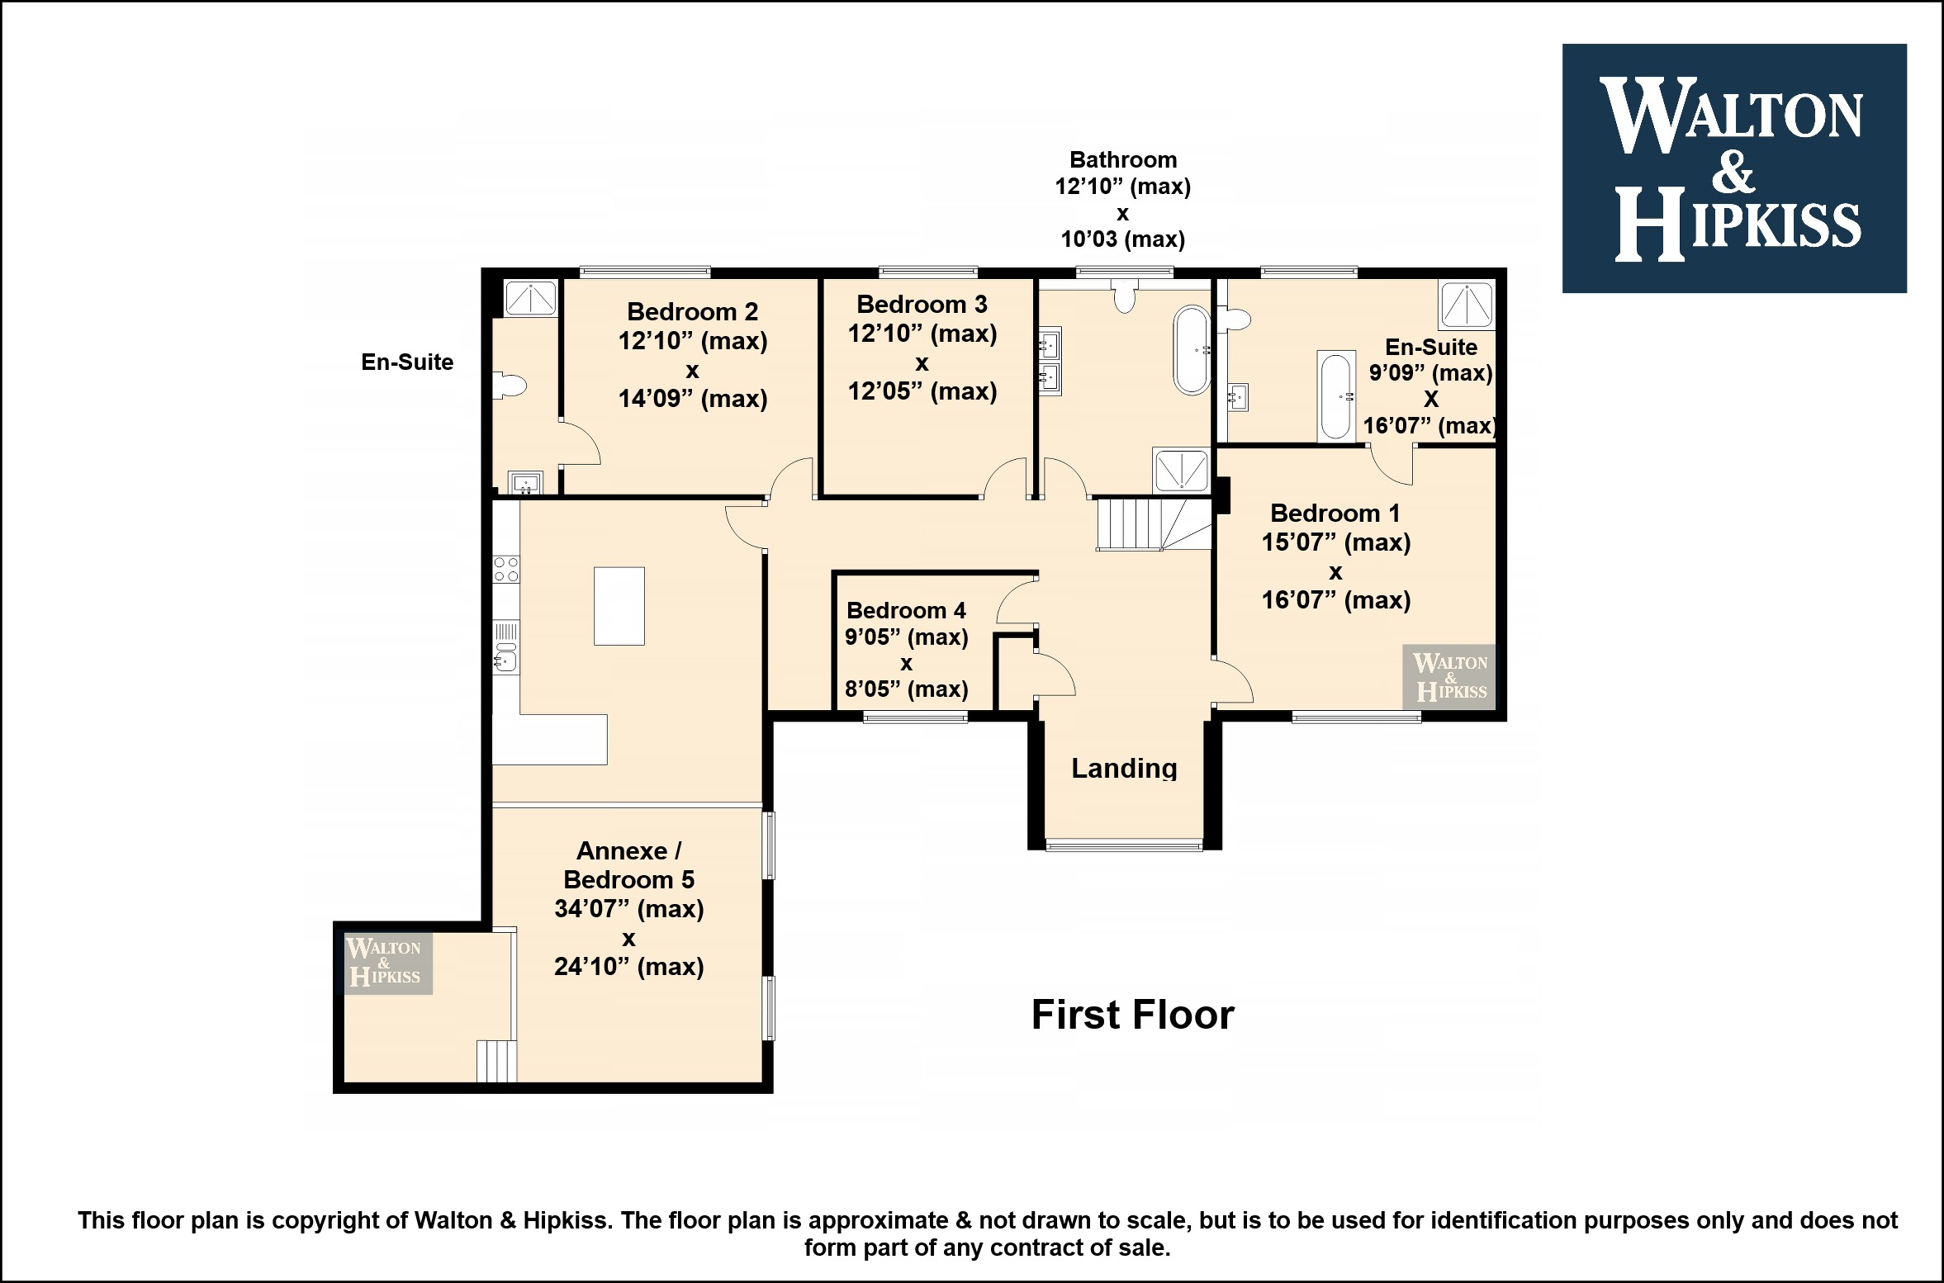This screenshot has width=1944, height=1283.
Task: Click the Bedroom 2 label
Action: point(692,311)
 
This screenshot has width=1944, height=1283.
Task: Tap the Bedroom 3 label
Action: point(922,305)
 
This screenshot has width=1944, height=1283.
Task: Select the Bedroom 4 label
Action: point(906,610)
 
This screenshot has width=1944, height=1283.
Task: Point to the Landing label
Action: point(1124,769)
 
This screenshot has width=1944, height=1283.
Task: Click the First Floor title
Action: point(1132,1015)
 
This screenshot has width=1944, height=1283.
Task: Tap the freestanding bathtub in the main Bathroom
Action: point(1192,350)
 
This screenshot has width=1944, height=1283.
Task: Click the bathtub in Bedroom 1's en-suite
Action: point(1335,396)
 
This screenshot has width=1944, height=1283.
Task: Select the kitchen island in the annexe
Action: point(619,605)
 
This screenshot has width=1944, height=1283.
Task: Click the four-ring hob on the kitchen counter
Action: point(506,569)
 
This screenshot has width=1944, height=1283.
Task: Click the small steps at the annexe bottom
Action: point(497,1061)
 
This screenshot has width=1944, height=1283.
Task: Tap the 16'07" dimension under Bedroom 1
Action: point(1335,600)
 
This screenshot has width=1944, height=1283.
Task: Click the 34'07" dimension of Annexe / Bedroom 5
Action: point(628,909)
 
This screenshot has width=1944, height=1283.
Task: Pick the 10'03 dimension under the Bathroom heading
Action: point(1122,239)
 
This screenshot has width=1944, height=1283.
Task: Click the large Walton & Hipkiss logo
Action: point(1734,168)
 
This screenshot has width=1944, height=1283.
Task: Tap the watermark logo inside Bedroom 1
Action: point(1449,677)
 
